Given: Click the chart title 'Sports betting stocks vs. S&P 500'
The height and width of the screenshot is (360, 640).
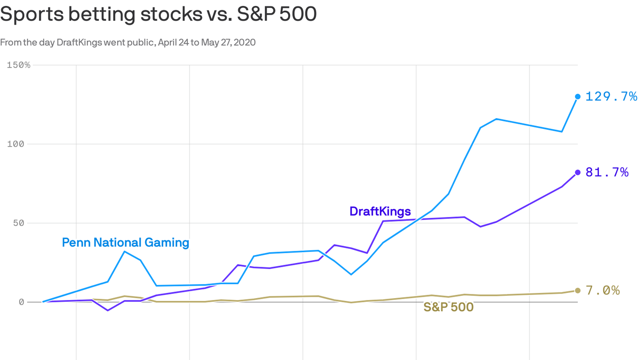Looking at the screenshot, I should tap(158, 14).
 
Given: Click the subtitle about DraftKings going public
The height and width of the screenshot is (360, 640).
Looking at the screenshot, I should tap(127, 42).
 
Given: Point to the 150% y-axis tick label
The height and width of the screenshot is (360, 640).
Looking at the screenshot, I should tap(19, 65).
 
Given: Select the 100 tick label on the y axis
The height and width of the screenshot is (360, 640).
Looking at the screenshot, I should tap(16, 144).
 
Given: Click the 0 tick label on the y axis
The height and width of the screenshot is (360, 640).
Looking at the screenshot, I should tap(21, 302).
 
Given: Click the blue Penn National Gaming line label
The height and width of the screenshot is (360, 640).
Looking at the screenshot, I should tap(126, 242).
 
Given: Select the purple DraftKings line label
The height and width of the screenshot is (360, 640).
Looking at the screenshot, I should tap(380, 211).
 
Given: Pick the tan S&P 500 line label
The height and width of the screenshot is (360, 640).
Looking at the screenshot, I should tap(448, 307).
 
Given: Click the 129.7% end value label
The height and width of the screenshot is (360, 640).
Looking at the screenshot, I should tap(611, 97).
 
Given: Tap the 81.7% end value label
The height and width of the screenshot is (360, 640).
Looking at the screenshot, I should tap(607, 172).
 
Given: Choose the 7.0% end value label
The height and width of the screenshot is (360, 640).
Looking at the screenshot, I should tap(603, 291).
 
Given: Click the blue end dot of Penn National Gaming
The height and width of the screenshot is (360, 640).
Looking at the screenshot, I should tap(578, 97).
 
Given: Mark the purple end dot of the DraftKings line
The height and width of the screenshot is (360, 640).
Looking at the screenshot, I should tap(578, 172).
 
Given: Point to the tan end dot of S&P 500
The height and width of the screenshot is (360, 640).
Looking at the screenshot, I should tap(578, 291).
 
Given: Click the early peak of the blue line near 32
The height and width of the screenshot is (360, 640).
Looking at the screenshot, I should tap(124, 252).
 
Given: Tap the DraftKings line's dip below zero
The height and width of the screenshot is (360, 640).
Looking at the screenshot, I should tap(108, 310).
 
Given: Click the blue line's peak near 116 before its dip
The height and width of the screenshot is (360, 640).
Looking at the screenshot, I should tap(496, 119).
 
